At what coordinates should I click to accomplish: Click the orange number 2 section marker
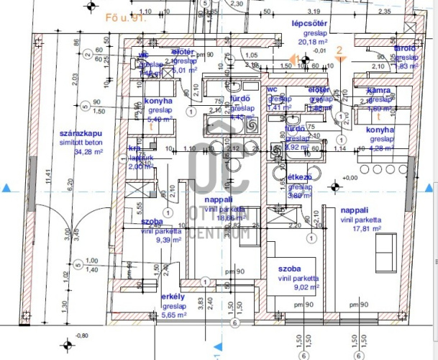click(342, 50)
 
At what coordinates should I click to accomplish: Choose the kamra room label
click(378, 91)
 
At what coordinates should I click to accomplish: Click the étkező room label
click(298, 176)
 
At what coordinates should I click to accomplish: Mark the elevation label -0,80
click(83, 336)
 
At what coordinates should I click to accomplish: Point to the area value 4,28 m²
click(382, 148)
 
